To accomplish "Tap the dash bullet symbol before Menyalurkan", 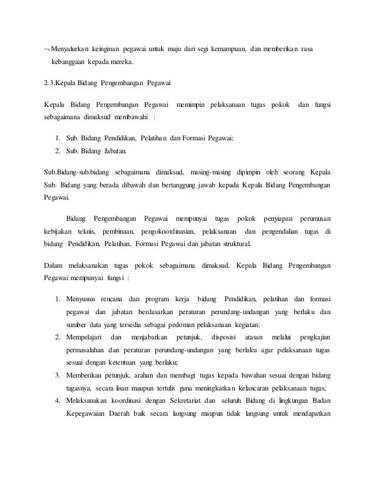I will pyautogui.click(x=47, y=48).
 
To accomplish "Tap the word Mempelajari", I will pyautogui.click(x=85, y=336).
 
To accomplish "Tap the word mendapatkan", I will pyautogui.click(x=309, y=413).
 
